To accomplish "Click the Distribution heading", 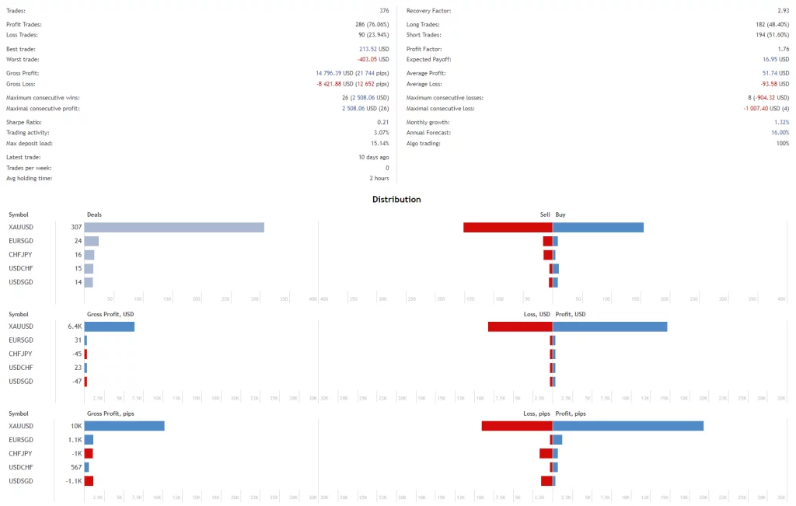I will [x=396, y=200].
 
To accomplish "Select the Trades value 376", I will [x=383, y=11].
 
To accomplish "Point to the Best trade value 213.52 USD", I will [x=372, y=49].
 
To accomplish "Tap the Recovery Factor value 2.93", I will [x=783, y=11].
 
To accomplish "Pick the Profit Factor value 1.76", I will [x=783, y=49].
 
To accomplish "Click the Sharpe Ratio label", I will [x=23, y=122].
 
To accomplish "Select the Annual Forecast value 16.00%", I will [x=779, y=133].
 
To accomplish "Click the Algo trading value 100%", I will [x=782, y=143].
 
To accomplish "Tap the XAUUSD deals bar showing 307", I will [x=174, y=227].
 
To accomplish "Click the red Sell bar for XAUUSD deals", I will [x=508, y=227].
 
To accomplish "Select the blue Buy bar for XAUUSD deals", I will [x=598, y=227].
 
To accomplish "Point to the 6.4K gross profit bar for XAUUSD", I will [x=109, y=326].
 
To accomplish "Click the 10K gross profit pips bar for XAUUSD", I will [x=124, y=426].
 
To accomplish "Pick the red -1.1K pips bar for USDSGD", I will [x=89, y=480].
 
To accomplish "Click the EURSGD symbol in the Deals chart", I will [x=20, y=241].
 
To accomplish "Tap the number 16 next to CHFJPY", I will [x=78, y=255].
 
